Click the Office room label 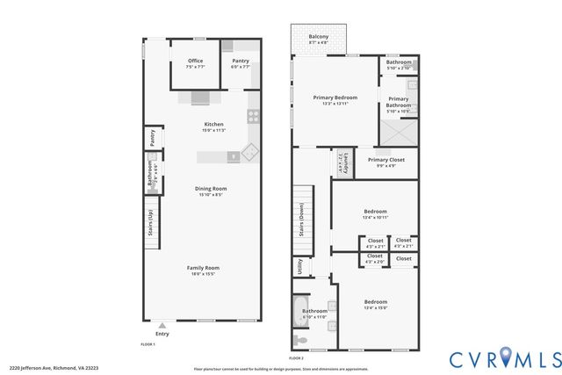click(x=195, y=63)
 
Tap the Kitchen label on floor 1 click(x=213, y=126)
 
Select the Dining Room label click(x=211, y=191)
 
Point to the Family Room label click(x=203, y=270)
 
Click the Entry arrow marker click(x=162, y=326)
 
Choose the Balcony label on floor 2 click(x=319, y=39)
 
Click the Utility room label click(x=300, y=266)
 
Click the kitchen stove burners click(x=253, y=115)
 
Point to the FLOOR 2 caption click(x=296, y=358)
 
